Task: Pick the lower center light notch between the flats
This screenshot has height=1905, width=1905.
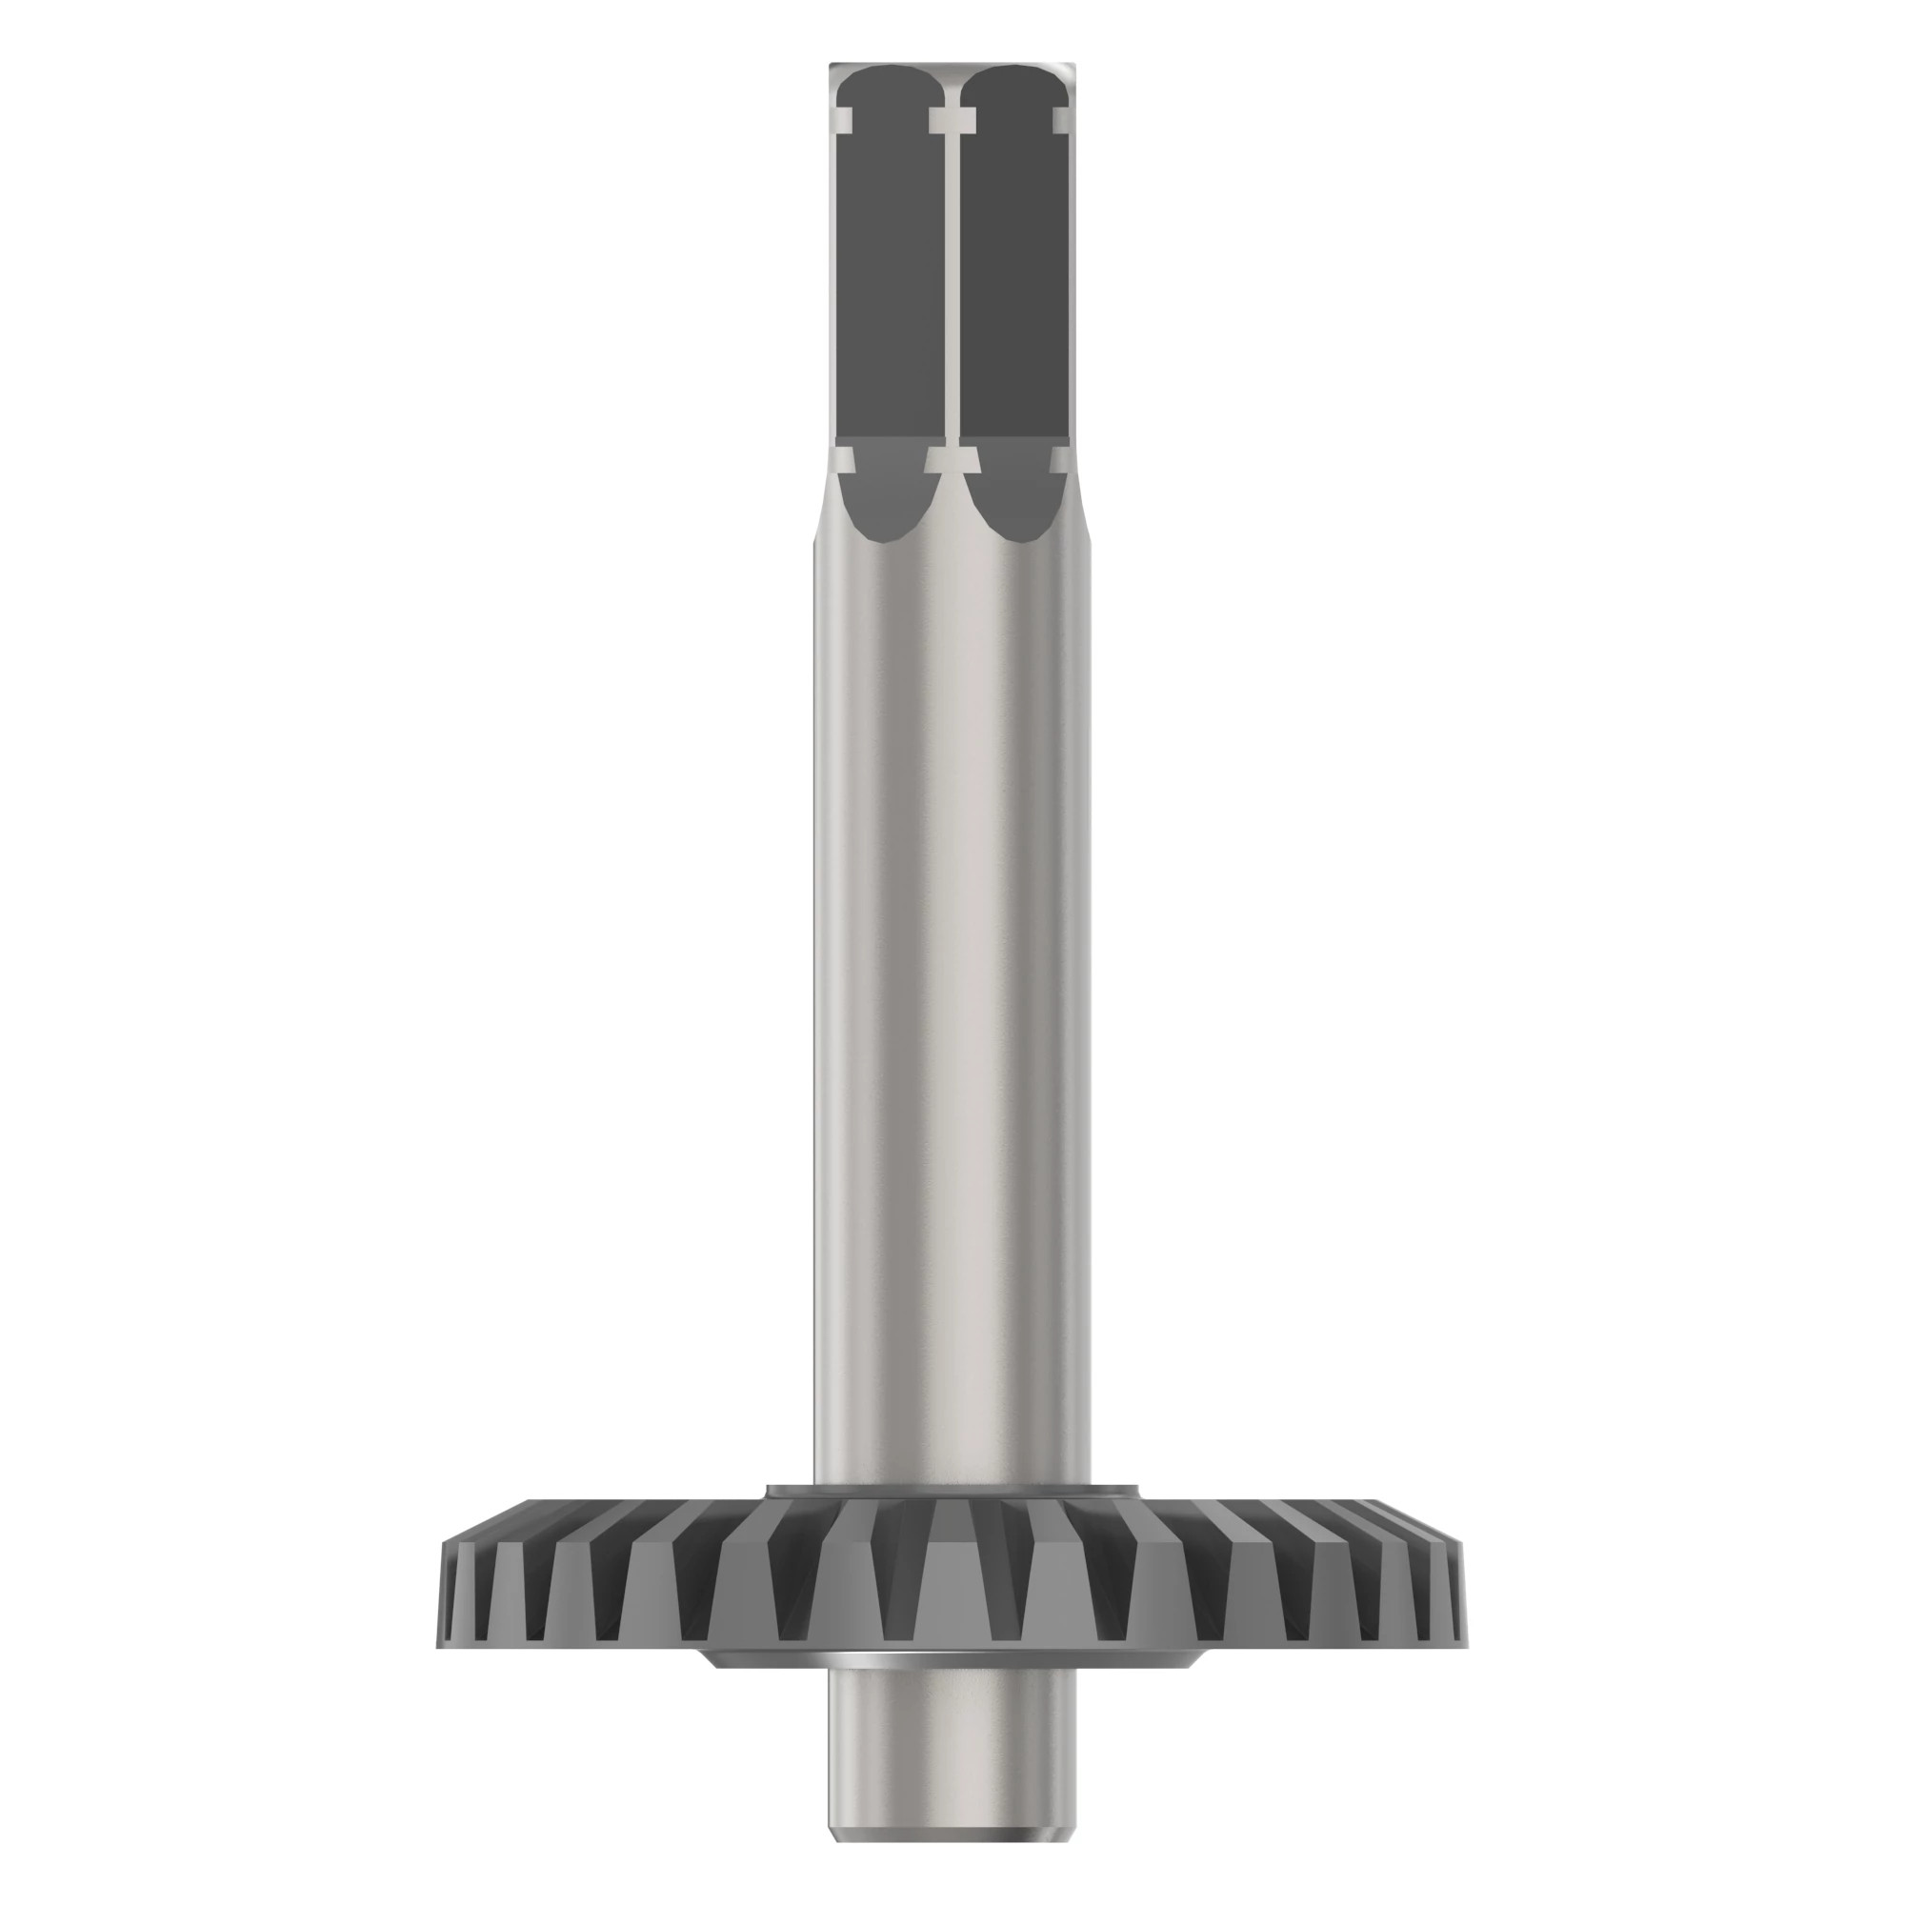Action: click(x=952, y=459)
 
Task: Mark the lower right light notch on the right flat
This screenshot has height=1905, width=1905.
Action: click(x=1062, y=459)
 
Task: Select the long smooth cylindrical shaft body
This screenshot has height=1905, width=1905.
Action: click(x=952, y=986)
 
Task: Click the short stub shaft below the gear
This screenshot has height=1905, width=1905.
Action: click(x=952, y=1715)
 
